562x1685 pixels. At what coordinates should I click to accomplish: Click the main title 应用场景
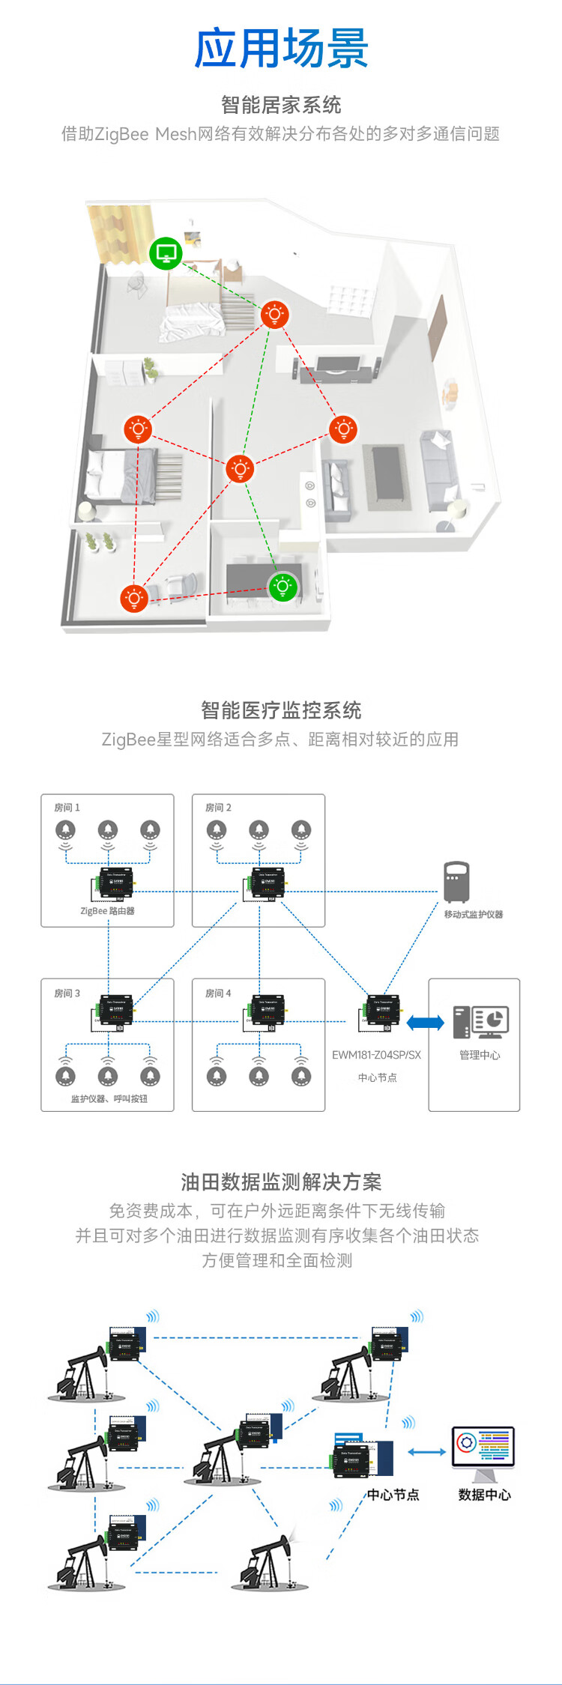[281, 49]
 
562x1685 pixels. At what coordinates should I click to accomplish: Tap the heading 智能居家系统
[281, 105]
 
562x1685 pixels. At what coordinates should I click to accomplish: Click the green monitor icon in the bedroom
[166, 253]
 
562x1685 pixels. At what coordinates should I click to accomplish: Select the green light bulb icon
[282, 586]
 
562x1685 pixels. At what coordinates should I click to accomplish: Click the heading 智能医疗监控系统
[281, 710]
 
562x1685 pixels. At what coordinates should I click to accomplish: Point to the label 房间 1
[67, 808]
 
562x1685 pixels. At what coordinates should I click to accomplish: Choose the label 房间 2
[218, 808]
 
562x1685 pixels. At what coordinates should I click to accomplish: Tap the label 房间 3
[67, 993]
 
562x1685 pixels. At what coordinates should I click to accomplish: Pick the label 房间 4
[218, 993]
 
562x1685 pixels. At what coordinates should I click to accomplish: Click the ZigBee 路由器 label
[107, 911]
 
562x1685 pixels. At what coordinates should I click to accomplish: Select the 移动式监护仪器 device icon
[456, 882]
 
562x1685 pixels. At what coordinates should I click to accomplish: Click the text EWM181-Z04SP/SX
[376, 1055]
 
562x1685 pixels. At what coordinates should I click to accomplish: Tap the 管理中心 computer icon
[480, 1022]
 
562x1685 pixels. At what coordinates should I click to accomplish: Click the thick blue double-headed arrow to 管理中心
[426, 1022]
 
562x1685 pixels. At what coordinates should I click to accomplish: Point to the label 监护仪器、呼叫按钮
[109, 1099]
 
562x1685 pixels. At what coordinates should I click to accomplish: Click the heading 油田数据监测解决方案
[281, 1182]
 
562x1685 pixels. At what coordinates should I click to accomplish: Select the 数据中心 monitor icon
[483, 1450]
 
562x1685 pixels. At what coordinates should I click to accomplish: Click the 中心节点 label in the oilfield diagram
[393, 1495]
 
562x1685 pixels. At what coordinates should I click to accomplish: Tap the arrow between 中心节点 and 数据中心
[427, 1451]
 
